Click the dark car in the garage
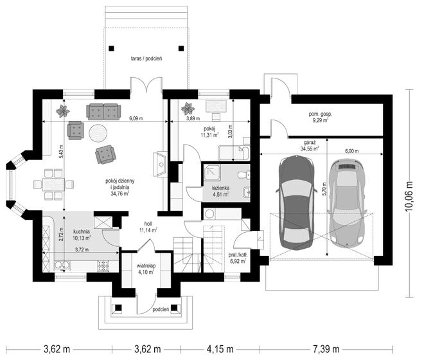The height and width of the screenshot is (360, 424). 297,203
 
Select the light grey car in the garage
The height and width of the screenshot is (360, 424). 347,203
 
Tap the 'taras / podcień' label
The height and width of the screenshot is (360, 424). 146,59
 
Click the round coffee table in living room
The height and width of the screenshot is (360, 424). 98,133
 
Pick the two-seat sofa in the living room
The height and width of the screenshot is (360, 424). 103,111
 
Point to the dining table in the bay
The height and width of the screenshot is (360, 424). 53,184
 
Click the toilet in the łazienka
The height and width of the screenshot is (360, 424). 244,175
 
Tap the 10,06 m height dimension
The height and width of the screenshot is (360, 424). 409,195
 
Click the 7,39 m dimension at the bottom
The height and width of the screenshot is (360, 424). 326,349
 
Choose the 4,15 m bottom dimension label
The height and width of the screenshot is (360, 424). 220,349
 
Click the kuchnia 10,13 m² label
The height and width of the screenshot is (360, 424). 82,235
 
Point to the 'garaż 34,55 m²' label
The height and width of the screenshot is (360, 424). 310,145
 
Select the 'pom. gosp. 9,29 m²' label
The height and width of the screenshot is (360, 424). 321,117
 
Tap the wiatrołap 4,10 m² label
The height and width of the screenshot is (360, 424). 146,269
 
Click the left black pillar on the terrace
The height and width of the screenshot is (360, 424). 111,48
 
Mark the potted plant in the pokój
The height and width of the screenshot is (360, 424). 188,109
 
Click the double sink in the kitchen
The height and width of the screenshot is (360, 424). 62,265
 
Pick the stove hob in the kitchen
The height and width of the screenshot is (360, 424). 103,265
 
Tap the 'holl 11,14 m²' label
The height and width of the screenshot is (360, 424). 148,227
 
